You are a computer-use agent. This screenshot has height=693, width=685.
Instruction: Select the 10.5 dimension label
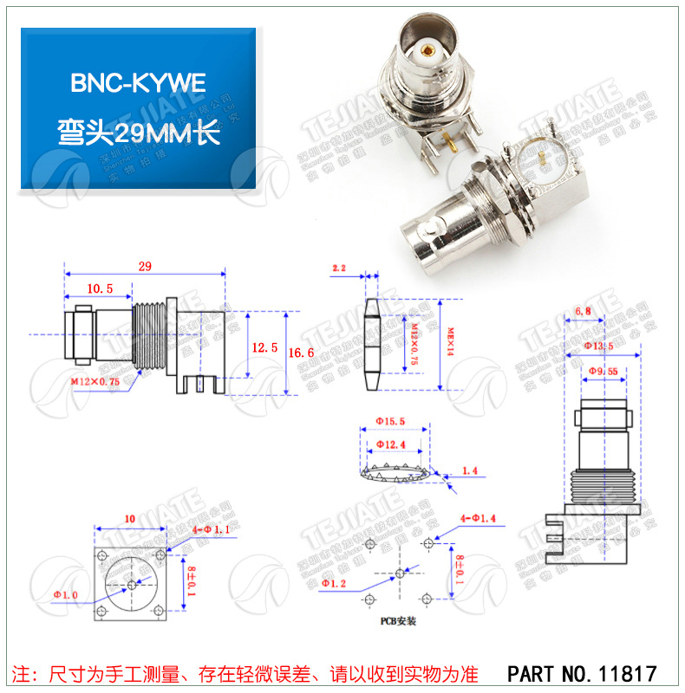tap(99, 289)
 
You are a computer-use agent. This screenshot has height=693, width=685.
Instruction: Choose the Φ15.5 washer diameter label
tap(390, 421)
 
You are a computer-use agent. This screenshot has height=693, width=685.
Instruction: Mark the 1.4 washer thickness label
tap(470, 470)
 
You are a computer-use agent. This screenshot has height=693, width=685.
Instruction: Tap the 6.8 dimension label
tap(583, 311)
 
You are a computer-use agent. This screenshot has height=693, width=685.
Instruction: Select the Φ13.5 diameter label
tap(597, 346)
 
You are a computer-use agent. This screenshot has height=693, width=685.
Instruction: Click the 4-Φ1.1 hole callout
tap(194, 528)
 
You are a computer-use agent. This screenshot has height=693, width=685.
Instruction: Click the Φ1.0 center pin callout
tap(65, 594)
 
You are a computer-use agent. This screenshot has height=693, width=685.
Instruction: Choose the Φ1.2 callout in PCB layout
tap(334, 583)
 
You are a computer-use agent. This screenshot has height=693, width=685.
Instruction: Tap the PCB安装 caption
tap(398, 621)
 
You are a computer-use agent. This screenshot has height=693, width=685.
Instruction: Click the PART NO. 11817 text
tap(581, 672)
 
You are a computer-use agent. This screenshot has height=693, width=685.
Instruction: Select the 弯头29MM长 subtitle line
tap(138, 134)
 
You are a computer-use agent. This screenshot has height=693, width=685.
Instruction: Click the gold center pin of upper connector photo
tap(427, 51)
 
